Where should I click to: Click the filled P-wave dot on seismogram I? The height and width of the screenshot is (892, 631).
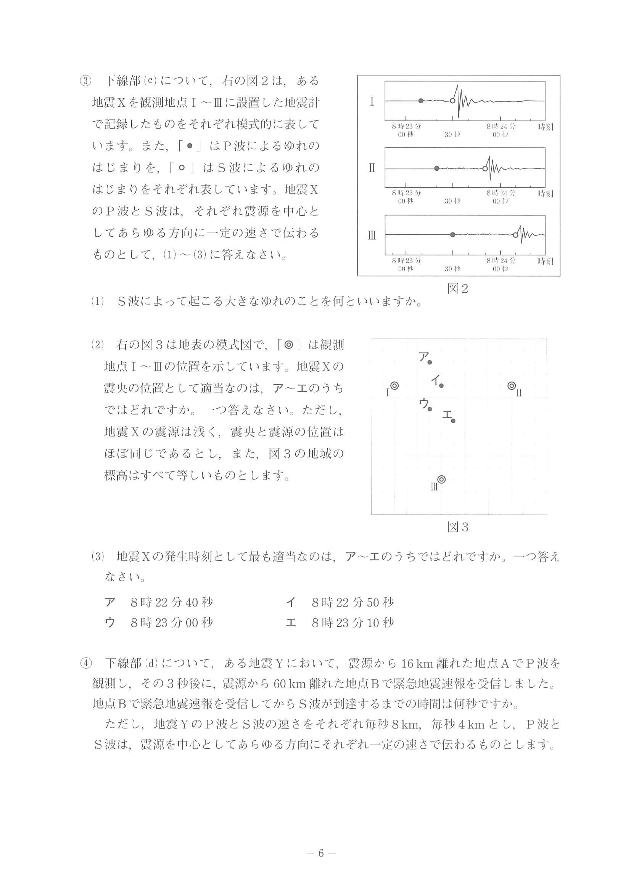[x=421, y=101]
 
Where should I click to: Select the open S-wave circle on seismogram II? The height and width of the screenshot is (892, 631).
[x=485, y=168]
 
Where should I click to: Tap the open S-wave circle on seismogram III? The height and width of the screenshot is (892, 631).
[x=515, y=235]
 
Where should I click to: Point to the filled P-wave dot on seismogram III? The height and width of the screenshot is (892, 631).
[x=452, y=235]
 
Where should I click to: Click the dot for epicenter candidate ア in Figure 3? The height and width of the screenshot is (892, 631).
[x=430, y=363]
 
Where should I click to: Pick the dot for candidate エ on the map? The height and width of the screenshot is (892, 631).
[x=453, y=421]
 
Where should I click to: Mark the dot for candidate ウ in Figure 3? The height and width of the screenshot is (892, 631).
[x=430, y=409]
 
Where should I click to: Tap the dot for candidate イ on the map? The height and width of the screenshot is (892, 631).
[x=441, y=385]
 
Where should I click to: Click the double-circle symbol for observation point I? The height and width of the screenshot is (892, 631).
[x=394, y=386]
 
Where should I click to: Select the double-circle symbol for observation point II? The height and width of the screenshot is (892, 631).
[x=512, y=386]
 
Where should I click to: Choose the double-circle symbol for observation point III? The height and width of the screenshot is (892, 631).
[x=441, y=480]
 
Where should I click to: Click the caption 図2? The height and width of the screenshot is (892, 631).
[x=457, y=289]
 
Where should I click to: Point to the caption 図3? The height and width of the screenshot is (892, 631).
[x=457, y=527]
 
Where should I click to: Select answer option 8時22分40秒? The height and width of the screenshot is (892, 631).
[x=171, y=603]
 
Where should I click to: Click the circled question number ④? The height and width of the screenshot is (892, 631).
[x=85, y=664]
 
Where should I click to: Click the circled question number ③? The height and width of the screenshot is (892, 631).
[x=85, y=81]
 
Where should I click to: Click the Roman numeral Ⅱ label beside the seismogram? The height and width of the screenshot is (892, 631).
[x=372, y=168]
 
